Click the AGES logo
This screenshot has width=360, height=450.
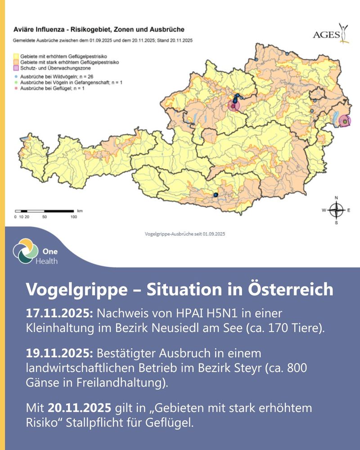click(x=330, y=34)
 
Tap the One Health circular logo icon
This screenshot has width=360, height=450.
click(x=23, y=251)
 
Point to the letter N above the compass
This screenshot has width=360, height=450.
click(x=336, y=198)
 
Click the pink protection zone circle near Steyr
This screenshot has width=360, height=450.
click(x=233, y=105)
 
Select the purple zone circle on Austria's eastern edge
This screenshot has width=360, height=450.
click(x=345, y=121)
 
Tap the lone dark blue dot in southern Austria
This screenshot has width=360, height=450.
click(x=216, y=194)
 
